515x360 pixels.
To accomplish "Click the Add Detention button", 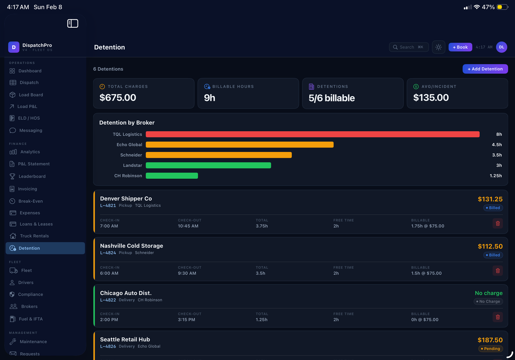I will (485, 69).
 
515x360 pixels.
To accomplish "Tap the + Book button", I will (460, 47).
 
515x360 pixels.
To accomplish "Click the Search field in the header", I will (408, 47).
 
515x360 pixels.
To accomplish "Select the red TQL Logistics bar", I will (312, 134).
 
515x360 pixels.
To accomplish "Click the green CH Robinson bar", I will (172, 176).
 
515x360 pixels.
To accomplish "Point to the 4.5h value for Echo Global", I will (496, 145).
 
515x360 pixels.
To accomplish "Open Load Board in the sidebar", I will (31, 95).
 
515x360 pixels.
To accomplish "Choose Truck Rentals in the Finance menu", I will (34, 236).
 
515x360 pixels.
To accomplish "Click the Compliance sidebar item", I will (30, 294).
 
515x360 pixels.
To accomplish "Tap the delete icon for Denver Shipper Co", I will (498, 223).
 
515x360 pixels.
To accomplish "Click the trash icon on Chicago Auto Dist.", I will (498, 317).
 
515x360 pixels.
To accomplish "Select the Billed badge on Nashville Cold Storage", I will (493, 255).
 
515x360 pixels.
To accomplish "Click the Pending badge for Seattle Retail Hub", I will (491, 349).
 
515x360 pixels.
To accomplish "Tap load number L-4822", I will (108, 300).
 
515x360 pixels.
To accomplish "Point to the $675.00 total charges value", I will (118, 98).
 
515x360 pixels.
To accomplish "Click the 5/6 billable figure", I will (332, 98).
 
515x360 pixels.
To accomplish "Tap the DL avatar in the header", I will (501, 47).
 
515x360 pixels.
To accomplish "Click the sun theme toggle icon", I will (438, 47).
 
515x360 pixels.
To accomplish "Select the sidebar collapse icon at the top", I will (72, 24).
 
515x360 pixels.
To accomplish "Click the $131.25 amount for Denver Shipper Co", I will (490, 199).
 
